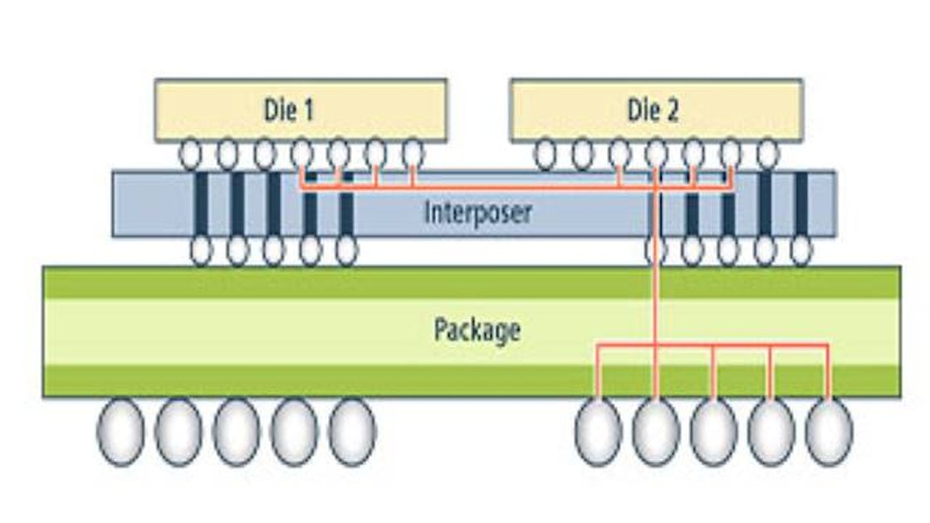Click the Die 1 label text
[x=289, y=110]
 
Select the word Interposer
[x=477, y=212]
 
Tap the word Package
[x=477, y=330]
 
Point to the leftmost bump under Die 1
[x=191, y=154]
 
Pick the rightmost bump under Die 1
[x=413, y=154]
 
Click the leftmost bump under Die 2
[x=546, y=154]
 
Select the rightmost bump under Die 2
[x=767, y=154]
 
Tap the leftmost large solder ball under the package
[x=120, y=432]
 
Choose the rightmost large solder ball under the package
[x=829, y=432]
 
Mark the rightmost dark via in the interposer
[x=801, y=203]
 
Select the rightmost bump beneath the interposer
[x=800, y=251]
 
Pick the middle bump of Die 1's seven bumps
[x=302, y=154]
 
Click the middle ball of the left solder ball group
[x=237, y=432]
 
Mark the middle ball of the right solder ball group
[x=713, y=432]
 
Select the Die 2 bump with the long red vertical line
[x=656, y=154]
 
